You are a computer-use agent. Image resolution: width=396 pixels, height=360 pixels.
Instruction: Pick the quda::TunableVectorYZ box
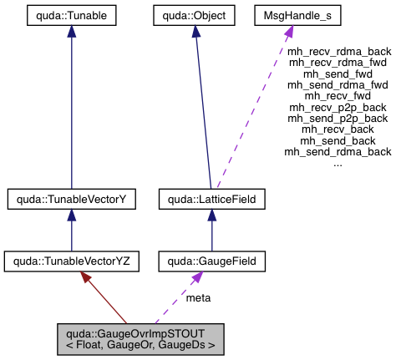click(71, 261)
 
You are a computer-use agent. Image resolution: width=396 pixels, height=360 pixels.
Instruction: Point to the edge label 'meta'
click(198, 298)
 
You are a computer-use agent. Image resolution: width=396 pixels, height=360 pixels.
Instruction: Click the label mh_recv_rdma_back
click(338, 50)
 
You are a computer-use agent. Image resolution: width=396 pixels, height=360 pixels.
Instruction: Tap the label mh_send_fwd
click(338, 74)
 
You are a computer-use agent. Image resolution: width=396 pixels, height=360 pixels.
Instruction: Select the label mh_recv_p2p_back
click(338, 107)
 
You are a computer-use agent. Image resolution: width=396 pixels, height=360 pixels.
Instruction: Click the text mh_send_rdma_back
click(338, 151)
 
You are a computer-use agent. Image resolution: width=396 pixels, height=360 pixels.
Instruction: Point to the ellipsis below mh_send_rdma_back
click(338, 163)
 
